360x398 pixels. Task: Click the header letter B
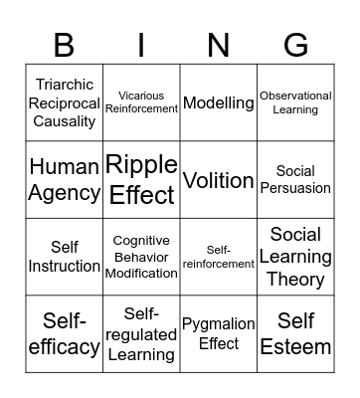pyautogui.click(x=64, y=45)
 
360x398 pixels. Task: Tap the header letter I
pyautogui.click(x=141, y=45)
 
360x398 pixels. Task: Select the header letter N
pyautogui.click(x=219, y=45)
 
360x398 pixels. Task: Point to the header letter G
pyautogui.click(x=295, y=45)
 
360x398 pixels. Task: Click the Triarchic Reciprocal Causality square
pyautogui.click(x=64, y=103)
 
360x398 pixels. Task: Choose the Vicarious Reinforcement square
pyautogui.click(x=141, y=103)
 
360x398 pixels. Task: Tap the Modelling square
pyautogui.click(x=219, y=103)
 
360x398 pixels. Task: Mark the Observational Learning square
pyautogui.click(x=295, y=103)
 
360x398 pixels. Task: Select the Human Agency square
pyautogui.click(x=64, y=180)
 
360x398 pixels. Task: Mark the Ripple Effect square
pyautogui.click(x=141, y=180)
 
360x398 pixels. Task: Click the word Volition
pyautogui.click(x=219, y=180)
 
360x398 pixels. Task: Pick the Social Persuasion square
pyautogui.click(x=295, y=180)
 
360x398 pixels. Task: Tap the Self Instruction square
pyautogui.click(x=64, y=257)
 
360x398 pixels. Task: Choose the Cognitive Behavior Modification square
pyautogui.click(x=141, y=257)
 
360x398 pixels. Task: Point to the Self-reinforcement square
pyautogui.click(x=219, y=257)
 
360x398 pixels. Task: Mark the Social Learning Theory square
pyautogui.click(x=295, y=257)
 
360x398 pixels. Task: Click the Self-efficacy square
pyautogui.click(x=64, y=334)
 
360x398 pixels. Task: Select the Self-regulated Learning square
pyautogui.click(x=141, y=334)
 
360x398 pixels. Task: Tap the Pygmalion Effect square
pyautogui.click(x=219, y=334)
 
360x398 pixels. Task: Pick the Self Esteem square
pyautogui.click(x=295, y=334)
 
